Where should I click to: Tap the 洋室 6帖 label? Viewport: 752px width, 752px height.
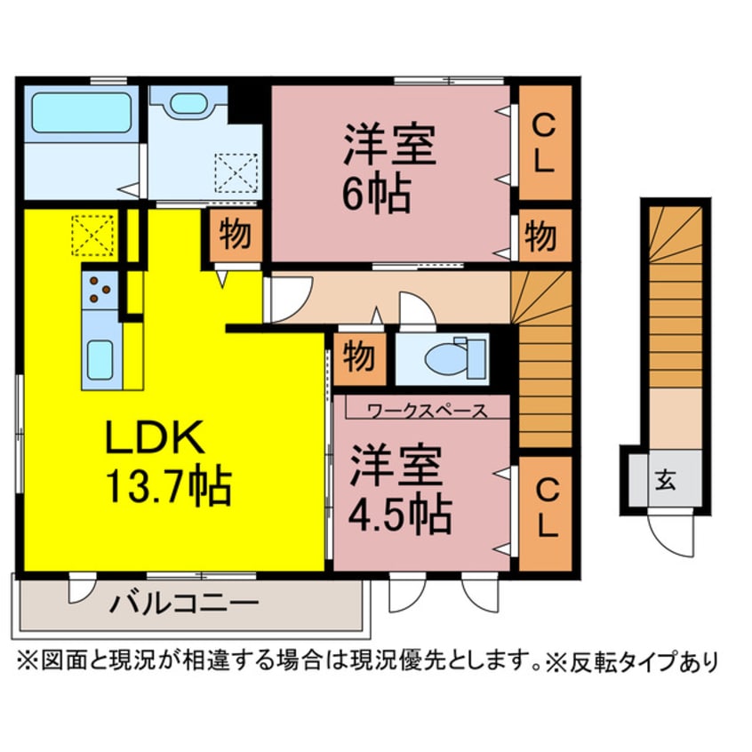pyautogui.click(x=389, y=169)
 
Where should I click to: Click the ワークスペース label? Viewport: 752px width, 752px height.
pyautogui.click(x=427, y=411)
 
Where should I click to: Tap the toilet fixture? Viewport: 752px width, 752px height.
pyautogui.click(x=448, y=358)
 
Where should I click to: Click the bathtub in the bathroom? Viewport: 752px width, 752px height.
pyautogui.click(x=81, y=113)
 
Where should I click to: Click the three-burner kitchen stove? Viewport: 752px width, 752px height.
pyautogui.click(x=100, y=288)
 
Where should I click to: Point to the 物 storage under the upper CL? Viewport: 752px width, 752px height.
pyautogui.click(x=541, y=236)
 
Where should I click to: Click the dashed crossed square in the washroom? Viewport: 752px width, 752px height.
pyautogui.click(x=236, y=172)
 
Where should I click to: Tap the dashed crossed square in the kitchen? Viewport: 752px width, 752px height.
pyautogui.click(x=92, y=235)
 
